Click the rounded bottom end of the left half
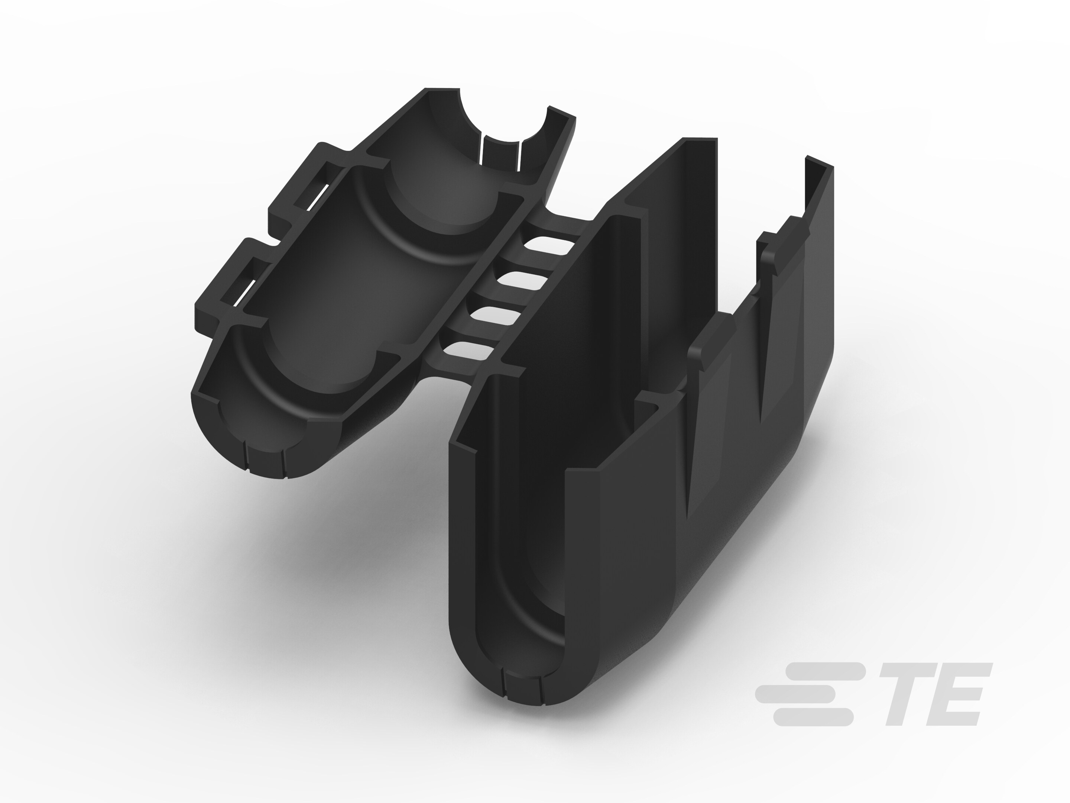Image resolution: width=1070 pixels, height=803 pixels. pos(261,455)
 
